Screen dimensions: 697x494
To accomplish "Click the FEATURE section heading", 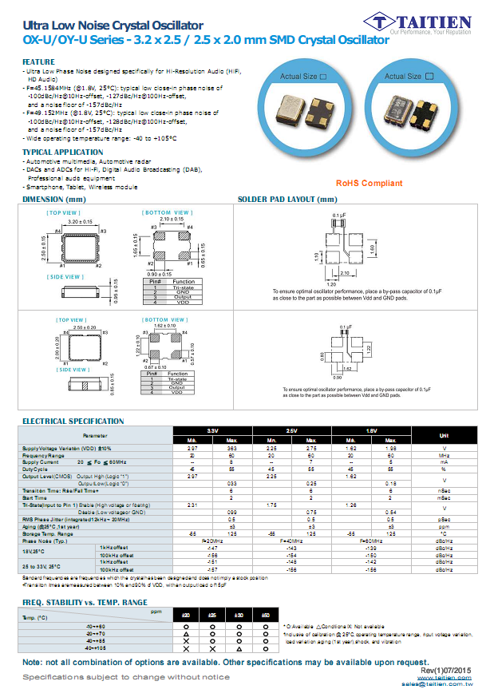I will (x=38, y=61).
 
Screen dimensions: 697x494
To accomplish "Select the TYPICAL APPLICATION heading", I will (x=62, y=152).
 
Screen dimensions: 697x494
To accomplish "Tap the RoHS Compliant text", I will (x=369, y=184).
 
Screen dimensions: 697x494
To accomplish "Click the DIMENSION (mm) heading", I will (x=53, y=199).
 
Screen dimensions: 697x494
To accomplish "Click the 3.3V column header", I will (x=212, y=430).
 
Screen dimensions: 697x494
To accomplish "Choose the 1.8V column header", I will (x=371, y=430).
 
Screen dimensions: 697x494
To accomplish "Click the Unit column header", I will (x=444, y=435).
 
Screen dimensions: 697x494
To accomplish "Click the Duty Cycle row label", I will (x=34, y=469).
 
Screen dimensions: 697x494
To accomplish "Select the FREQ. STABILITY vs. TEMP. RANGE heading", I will (x=85, y=602).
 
